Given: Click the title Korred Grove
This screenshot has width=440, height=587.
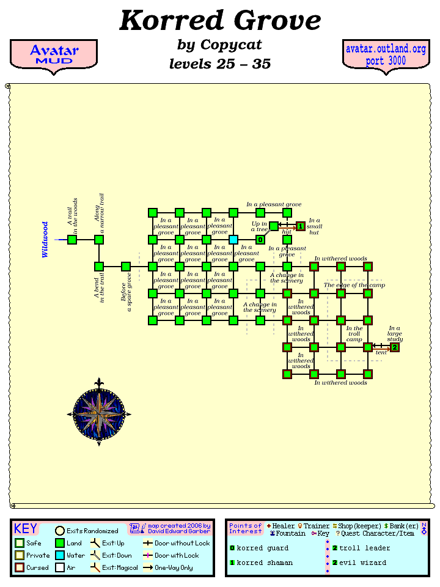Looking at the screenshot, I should (220, 21).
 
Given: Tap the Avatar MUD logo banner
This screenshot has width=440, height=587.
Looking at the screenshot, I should (54, 55).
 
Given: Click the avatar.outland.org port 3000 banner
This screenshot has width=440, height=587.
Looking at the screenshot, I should (386, 55).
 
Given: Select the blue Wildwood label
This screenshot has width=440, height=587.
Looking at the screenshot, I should (45, 240).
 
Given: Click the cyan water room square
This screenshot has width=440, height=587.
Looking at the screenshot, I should (233, 240).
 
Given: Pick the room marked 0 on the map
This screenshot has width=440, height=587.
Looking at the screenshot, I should (260, 240).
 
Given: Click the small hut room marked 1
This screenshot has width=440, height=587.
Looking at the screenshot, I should (301, 227).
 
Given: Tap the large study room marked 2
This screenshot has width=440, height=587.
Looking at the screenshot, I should (395, 347).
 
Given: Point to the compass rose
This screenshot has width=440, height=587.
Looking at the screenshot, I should (99, 414).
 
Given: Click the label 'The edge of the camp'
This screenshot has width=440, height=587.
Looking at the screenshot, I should (354, 286).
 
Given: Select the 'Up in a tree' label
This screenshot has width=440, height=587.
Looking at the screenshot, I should (259, 226).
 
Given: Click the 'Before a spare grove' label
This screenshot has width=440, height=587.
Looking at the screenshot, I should (126, 293).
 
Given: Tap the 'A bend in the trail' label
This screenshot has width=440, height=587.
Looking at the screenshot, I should (99, 288).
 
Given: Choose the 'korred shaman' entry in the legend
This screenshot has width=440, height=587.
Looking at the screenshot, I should (264, 563).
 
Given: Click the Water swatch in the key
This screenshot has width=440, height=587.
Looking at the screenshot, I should (60, 556).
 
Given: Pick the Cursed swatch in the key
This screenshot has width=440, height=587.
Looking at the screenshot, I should (20, 568).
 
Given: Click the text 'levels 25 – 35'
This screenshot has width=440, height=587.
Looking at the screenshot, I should (220, 64).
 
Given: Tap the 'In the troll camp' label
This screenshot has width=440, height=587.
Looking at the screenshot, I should (354, 334).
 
